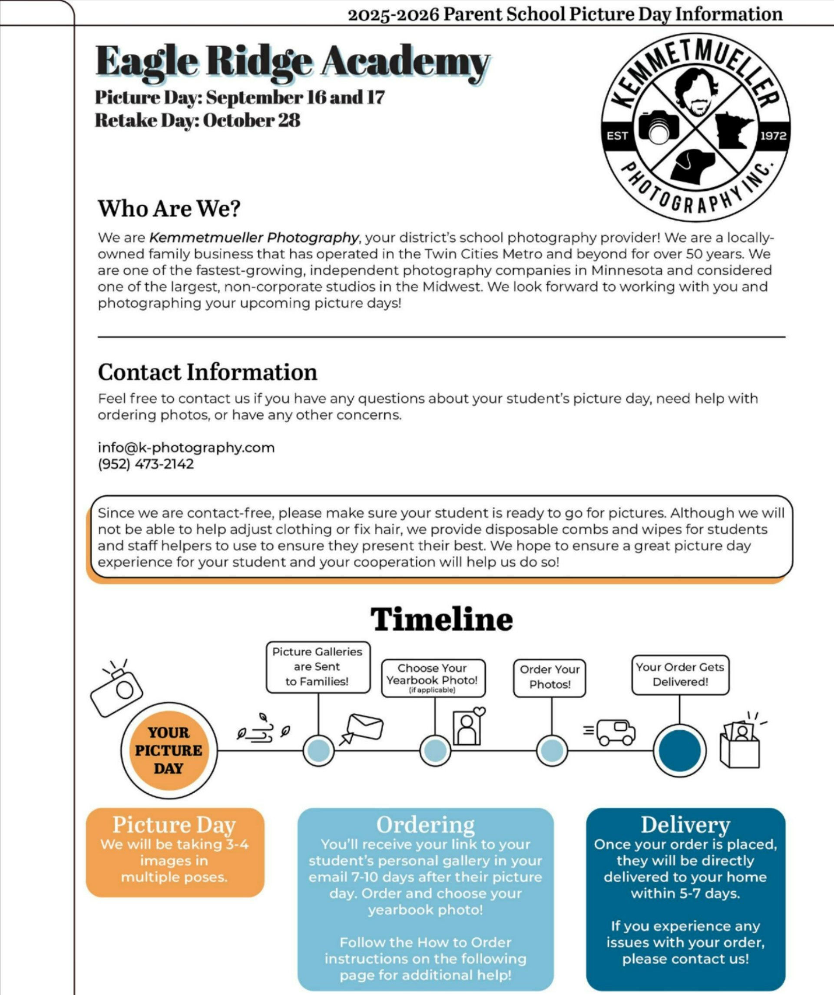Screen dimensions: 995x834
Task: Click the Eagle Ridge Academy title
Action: [292, 62]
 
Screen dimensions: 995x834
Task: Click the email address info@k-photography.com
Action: [186, 447]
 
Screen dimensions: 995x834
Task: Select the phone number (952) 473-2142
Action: [146, 464]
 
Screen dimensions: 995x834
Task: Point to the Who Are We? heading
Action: [169, 209]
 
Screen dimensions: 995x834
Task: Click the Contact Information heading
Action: [208, 372]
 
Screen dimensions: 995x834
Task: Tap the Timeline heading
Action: [441, 619]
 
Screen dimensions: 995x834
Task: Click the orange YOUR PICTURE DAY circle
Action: [169, 750]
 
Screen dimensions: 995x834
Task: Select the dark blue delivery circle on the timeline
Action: [680, 750]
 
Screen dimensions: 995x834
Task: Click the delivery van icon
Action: [615, 733]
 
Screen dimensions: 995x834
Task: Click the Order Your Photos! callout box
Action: [549, 677]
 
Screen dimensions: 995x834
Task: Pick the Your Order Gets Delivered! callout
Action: [680, 674]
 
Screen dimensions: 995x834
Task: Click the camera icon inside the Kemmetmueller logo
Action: [659, 126]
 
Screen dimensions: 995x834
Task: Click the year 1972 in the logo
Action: [773, 136]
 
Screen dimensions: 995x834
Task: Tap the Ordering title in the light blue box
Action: [425, 825]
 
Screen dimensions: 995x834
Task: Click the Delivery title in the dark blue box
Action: [685, 825]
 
